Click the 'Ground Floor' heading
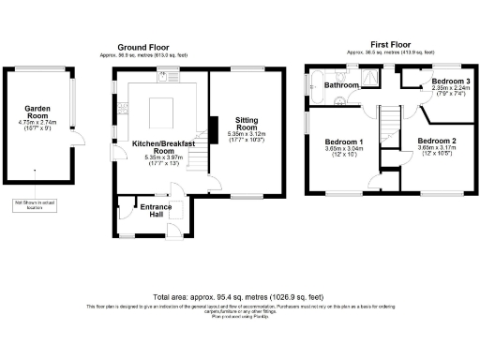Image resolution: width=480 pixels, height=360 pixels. [142, 47]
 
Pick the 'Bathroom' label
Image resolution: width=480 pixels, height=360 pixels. [342, 85]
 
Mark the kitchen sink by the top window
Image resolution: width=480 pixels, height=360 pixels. [161, 76]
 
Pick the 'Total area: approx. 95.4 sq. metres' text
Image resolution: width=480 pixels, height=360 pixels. [240, 294]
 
